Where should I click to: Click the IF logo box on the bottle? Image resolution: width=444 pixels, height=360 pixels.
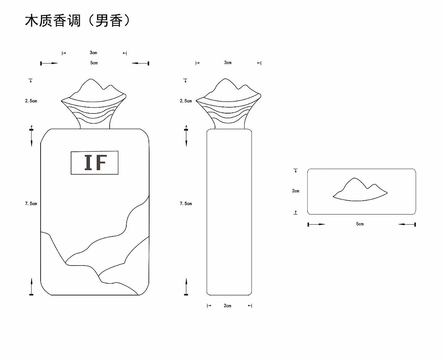[x=94, y=162]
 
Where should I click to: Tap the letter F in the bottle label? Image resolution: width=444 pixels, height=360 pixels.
[x=101, y=162]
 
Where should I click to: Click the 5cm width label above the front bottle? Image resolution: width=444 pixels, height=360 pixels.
[x=94, y=63]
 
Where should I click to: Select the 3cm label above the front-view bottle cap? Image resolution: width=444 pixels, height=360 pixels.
[x=93, y=53]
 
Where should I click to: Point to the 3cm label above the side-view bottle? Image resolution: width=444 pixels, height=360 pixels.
[x=228, y=62]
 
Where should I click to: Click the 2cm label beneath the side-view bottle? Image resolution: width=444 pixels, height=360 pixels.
[x=227, y=305]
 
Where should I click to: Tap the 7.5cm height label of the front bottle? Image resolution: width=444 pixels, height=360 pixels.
[x=31, y=203]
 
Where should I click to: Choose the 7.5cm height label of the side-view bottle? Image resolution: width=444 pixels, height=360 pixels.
[x=186, y=203]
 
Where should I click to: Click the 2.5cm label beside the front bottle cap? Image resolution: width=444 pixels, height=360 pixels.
[x=31, y=101]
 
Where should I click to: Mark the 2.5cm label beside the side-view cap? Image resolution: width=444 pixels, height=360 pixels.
[x=186, y=101]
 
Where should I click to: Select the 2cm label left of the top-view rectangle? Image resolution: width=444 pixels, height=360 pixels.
[x=296, y=191]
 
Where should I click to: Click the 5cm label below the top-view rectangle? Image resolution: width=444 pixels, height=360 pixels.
[x=360, y=224]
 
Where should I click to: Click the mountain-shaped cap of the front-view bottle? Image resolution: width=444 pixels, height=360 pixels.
[x=94, y=101]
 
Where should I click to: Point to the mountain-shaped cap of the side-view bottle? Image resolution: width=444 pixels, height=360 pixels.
[x=228, y=101]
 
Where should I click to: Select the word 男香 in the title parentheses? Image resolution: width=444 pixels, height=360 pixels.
[x=109, y=21]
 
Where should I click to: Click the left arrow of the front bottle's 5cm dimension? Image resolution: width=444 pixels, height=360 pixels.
[x=49, y=63]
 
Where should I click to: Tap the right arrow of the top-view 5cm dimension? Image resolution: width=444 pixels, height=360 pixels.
[x=407, y=224]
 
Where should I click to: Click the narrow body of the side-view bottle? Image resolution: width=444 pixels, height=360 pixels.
[x=229, y=212]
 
